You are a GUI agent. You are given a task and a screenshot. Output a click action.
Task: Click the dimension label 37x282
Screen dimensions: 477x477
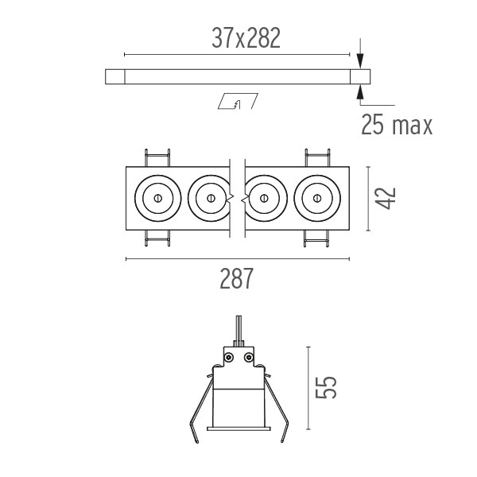[x=246, y=38]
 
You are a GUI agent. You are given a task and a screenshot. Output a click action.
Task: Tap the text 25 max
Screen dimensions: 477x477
[x=397, y=125]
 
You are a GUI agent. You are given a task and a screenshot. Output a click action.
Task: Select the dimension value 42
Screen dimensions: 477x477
[x=385, y=198]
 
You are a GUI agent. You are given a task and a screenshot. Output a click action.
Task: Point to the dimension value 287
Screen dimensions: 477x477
[x=236, y=278]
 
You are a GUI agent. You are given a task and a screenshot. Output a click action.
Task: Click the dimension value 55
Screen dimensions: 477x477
[x=325, y=388]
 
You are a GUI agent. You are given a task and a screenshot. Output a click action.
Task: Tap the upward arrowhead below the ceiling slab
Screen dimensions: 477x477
[x=360, y=92]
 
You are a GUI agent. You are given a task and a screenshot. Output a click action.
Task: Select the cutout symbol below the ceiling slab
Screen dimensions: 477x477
[x=238, y=101]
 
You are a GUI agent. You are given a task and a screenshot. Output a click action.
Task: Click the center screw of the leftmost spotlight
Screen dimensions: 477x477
[x=158, y=198]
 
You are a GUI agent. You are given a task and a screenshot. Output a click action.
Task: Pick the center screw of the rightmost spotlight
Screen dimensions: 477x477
[x=317, y=198]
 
